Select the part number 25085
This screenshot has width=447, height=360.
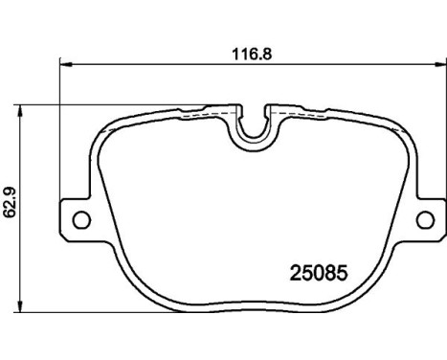(x=313, y=272)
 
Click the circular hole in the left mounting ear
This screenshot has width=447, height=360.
(x=82, y=220)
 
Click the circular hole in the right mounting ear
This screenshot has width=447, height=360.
(x=424, y=219)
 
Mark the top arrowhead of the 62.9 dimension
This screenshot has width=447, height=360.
(x=26, y=104)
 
